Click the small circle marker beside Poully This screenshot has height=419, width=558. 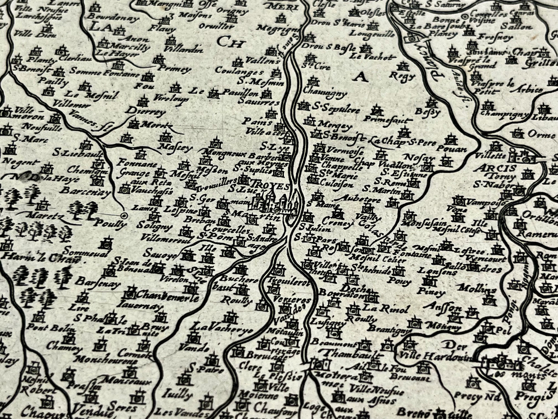click(x=124, y=216)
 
